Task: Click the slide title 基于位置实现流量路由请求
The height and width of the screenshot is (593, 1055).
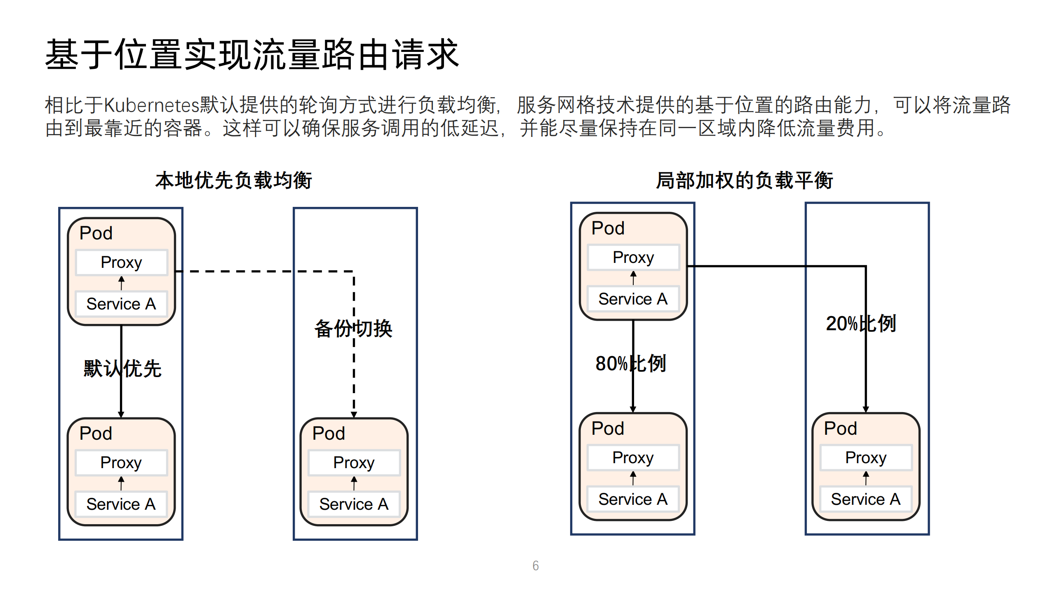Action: (251, 54)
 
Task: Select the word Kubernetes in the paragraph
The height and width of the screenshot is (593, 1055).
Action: (151, 105)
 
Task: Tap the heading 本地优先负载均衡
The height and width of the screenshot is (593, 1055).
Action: (233, 180)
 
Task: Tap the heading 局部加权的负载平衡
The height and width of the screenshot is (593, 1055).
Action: (744, 180)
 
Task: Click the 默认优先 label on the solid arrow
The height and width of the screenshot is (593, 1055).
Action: (122, 368)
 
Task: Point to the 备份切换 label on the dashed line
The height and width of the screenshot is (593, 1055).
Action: (353, 328)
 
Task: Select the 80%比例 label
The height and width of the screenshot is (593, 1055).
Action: (630, 363)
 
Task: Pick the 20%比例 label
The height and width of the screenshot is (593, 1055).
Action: (860, 323)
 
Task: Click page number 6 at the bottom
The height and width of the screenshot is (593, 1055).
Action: (535, 565)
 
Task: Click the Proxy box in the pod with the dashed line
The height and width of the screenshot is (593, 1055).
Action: (121, 263)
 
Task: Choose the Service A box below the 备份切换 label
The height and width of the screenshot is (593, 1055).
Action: (354, 504)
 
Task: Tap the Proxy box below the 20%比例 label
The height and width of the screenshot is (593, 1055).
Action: (865, 457)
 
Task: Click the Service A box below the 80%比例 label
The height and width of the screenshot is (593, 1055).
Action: (632, 499)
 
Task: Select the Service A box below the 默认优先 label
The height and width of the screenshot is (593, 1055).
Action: (121, 504)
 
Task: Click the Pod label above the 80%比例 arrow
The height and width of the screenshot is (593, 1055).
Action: (608, 228)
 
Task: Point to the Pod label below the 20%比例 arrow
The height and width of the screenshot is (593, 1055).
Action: (840, 428)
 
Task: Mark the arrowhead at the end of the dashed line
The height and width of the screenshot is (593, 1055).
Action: (354, 415)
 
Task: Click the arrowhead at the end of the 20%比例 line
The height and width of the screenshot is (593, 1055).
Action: (865, 409)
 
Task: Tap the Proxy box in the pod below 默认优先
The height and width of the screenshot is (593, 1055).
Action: (121, 462)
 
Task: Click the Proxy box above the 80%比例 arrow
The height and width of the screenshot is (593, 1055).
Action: (633, 258)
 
